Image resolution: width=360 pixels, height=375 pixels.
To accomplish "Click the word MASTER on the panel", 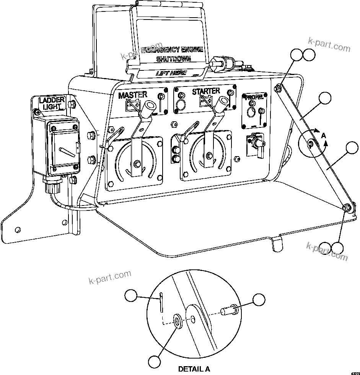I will pyautogui.click(x=132, y=95).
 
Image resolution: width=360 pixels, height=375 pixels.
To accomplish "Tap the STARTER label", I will pyautogui.click(x=206, y=91).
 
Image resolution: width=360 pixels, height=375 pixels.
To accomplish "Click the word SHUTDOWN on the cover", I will pyautogui.click(x=174, y=59).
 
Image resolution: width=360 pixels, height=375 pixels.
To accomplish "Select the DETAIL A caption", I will pyautogui.click(x=194, y=369).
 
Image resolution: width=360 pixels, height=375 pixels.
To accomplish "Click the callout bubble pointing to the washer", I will pyautogui.click(x=155, y=362).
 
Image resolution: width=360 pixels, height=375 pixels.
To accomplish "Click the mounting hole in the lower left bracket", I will pyautogui.click(x=17, y=229).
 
